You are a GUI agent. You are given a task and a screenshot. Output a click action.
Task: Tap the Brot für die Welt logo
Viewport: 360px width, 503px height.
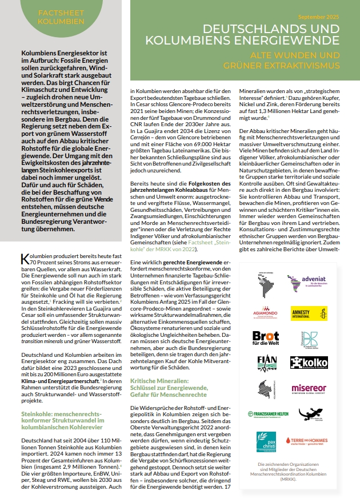click(x=266, y=337)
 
